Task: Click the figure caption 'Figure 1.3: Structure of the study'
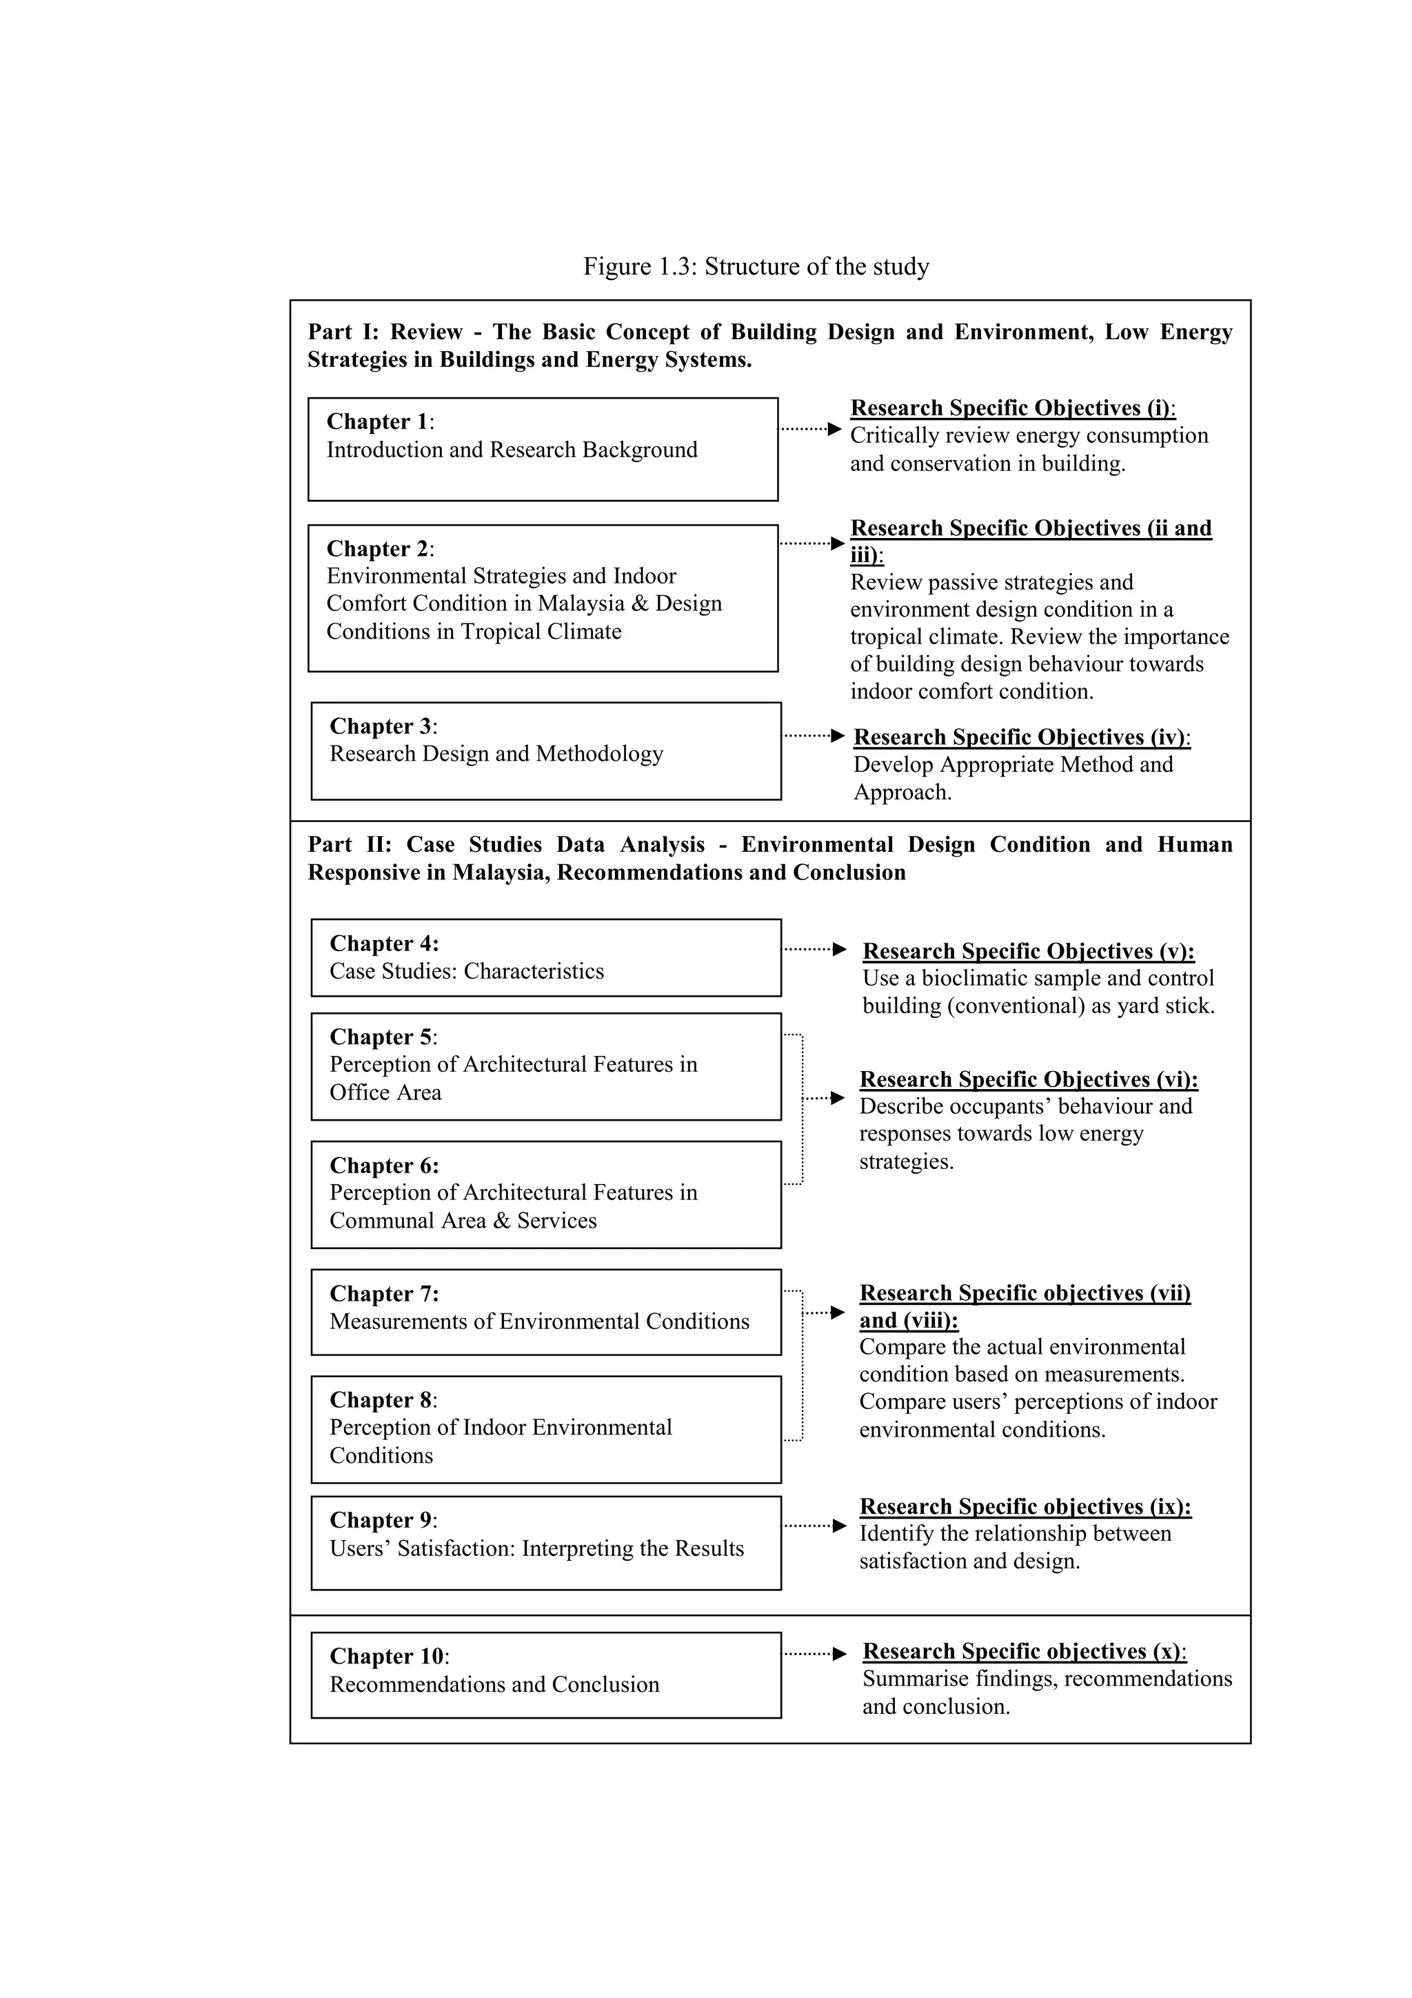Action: tap(755, 266)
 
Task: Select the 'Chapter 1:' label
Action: tap(379, 422)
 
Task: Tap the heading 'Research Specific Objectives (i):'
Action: tap(1012, 408)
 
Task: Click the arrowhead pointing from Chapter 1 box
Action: tap(834, 429)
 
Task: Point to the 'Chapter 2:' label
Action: tap(379, 549)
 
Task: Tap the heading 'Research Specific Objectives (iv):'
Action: tap(1021, 737)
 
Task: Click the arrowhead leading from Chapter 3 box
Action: tap(838, 736)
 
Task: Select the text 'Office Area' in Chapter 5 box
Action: tap(385, 1093)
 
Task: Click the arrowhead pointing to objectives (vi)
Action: tap(838, 1098)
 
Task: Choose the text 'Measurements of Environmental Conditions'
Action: tap(538, 1322)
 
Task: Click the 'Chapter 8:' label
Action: tap(383, 1400)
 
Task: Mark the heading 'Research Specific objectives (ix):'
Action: tap(1025, 1507)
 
